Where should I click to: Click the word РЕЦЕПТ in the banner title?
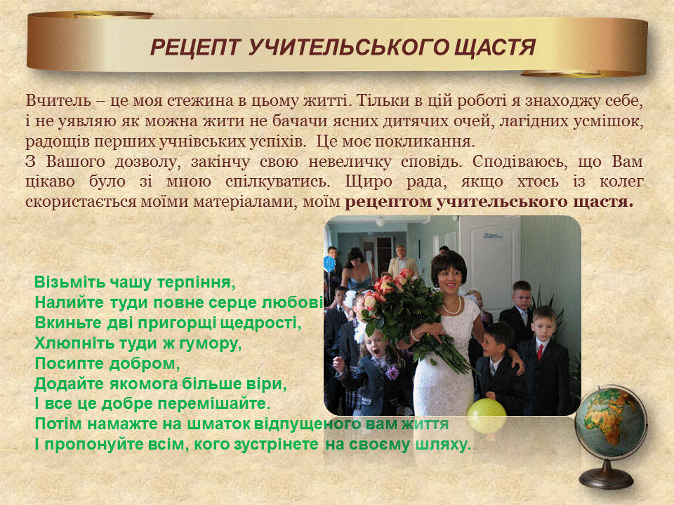[x=194, y=47]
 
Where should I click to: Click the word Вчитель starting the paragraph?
[x=58, y=101]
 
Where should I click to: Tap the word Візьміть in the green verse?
[x=70, y=283]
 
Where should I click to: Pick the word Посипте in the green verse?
[x=69, y=363]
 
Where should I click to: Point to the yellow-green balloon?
[x=487, y=416]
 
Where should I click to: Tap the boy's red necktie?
[x=540, y=351]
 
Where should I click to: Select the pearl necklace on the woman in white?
[x=451, y=307]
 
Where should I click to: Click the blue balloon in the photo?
[x=329, y=264]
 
